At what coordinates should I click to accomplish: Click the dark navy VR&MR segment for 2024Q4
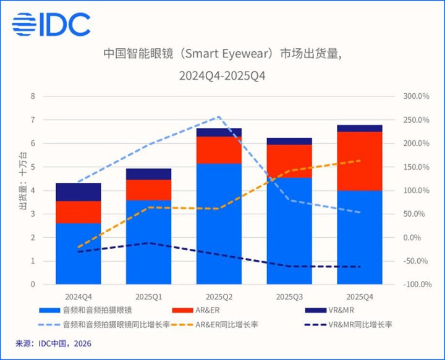[78, 192]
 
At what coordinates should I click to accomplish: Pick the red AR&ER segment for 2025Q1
[148, 190]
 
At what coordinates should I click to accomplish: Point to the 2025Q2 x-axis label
[219, 296]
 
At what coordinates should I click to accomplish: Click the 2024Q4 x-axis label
[78, 296]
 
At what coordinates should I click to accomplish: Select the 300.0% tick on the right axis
[416, 96]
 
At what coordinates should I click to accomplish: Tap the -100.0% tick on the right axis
[415, 285]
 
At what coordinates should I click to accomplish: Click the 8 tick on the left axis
[33, 96]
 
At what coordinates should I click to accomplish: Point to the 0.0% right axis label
[418, 238]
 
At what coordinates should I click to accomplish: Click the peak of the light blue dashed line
[219, 117]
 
